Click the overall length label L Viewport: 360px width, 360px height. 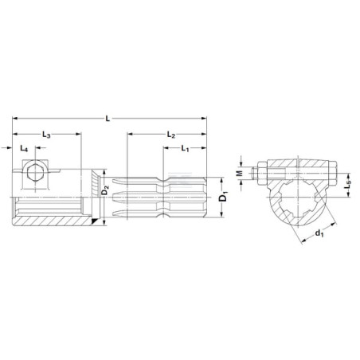tap(108, 119)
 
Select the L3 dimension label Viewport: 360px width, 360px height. tap(46, 135)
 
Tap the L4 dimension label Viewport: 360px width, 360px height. tap(24, 148)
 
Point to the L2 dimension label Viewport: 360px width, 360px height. tap(171, 135)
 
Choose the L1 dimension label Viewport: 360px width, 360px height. tap(185, 148)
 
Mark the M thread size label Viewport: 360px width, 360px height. tap(240, 174)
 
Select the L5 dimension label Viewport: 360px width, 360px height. tap(347, 185)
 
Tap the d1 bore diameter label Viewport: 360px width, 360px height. tap(319, 233)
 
